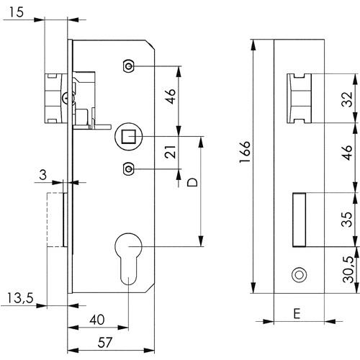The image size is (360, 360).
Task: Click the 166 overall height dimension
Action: click(x=245, y=152)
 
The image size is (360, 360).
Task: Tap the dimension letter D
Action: click(x=192, y=182)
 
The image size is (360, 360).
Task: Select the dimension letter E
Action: click(x=297, y=313)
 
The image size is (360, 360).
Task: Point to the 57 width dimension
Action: click(x=105, y=343)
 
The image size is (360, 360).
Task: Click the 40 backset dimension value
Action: click(x=97, y=320)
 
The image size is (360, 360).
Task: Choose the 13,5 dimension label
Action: click(x=20, y=298)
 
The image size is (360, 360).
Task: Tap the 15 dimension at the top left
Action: click(x=17, y=12)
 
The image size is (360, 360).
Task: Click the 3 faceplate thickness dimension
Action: click(x=42, y=175)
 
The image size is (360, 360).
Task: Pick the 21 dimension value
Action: click(x=171, y=152)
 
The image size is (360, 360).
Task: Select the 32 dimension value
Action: click(x=347, y=99)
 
